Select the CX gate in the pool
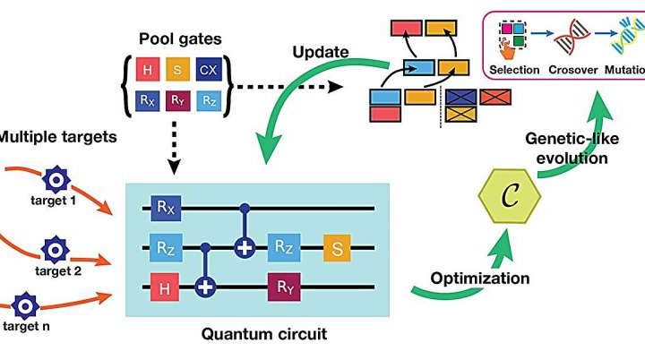tap(208, 69)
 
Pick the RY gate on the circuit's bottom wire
tap(281, 288)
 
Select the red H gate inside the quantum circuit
tap(163, 288)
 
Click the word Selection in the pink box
tap(515, 69)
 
